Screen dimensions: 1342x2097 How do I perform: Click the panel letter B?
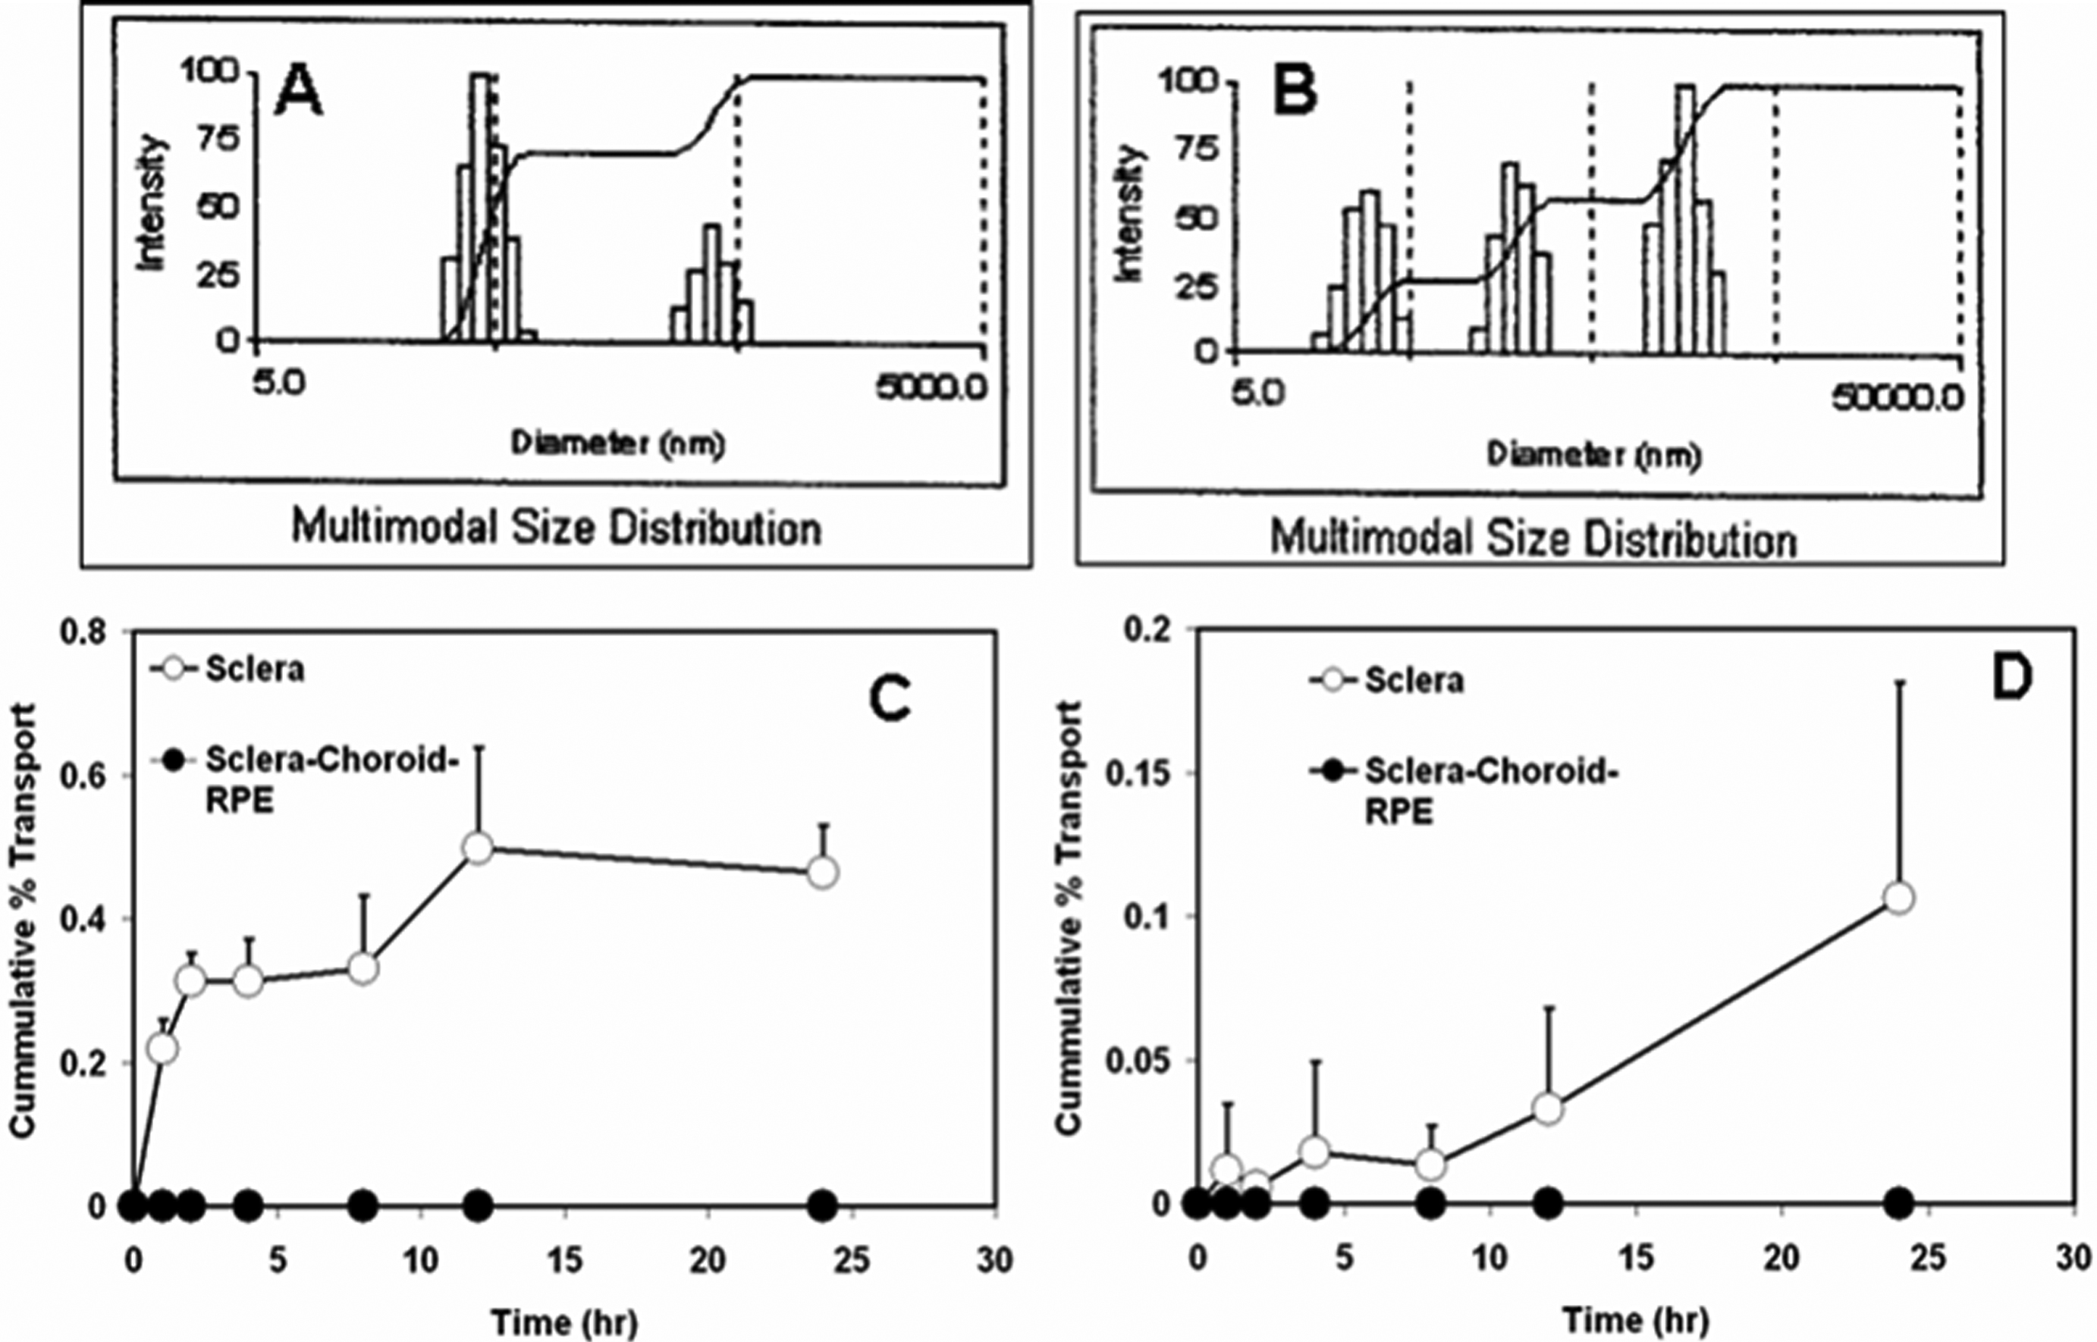click(1295, 93)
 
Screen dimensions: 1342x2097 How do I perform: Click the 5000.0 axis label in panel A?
click(931, 385)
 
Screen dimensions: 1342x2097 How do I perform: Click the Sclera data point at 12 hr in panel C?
click(479, 848)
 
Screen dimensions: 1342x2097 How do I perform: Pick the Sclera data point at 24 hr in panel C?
click(823, 872)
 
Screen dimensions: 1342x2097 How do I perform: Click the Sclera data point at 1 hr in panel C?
click(162, 1049)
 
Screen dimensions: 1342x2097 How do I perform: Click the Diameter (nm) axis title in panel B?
click(1594, 455)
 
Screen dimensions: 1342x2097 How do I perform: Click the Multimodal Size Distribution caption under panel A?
click(556, 528)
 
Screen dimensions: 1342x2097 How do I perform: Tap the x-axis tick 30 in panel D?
click(2074, 1259)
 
